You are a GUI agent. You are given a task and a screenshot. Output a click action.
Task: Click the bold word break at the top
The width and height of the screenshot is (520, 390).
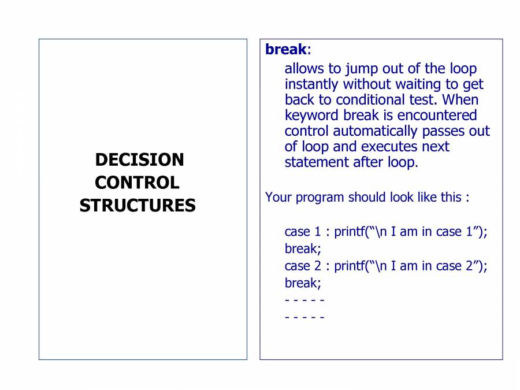(x=285, y=50)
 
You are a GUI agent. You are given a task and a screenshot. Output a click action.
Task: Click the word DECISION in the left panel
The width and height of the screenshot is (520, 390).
(x=139, y=160)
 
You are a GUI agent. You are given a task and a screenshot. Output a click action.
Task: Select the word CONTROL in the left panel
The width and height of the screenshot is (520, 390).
(x=137, y=183)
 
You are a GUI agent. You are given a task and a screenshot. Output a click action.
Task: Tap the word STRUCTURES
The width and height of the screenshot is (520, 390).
(x=138, y=206)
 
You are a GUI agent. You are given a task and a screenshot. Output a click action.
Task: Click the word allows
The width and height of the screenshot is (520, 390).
(x=304, y=69)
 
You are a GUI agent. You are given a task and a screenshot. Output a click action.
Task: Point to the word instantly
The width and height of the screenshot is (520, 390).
(x=313, y=84)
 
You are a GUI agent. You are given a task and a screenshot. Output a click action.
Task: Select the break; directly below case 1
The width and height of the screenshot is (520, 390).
(x=302, y=249)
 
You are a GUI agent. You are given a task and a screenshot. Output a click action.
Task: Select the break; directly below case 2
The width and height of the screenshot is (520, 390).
(x=302, y=283)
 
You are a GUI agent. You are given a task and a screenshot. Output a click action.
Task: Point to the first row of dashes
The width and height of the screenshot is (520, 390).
(x=304, y=300)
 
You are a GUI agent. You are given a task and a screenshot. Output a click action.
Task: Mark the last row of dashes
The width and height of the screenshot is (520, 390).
(x=304, y=317)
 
